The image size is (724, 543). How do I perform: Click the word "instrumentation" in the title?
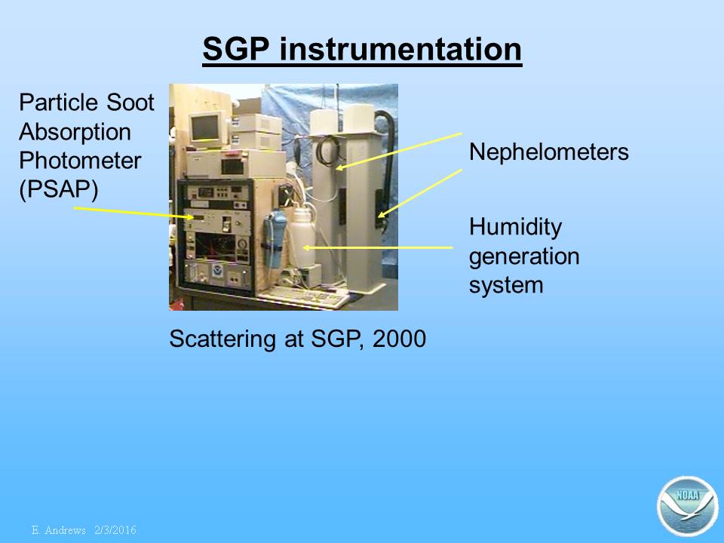pos(400,49)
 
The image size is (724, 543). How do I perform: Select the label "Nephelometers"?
pos(548,152)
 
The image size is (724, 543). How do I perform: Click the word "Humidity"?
pos(515,228)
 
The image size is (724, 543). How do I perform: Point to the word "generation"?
pos(524,256)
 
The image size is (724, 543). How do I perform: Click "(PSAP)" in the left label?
pos(59,189)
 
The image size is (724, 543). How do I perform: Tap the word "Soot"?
pos(130,102)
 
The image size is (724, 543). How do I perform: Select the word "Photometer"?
pos(80,160)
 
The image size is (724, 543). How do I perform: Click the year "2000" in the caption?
pos(399,339)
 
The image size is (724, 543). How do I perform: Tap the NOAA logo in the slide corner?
pos(688,506)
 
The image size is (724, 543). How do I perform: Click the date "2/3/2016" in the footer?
pos(115,530)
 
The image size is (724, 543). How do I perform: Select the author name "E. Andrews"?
pos(59,530)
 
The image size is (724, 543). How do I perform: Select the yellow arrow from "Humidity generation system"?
pos(378,248)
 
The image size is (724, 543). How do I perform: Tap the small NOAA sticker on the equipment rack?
pos(217,271)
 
